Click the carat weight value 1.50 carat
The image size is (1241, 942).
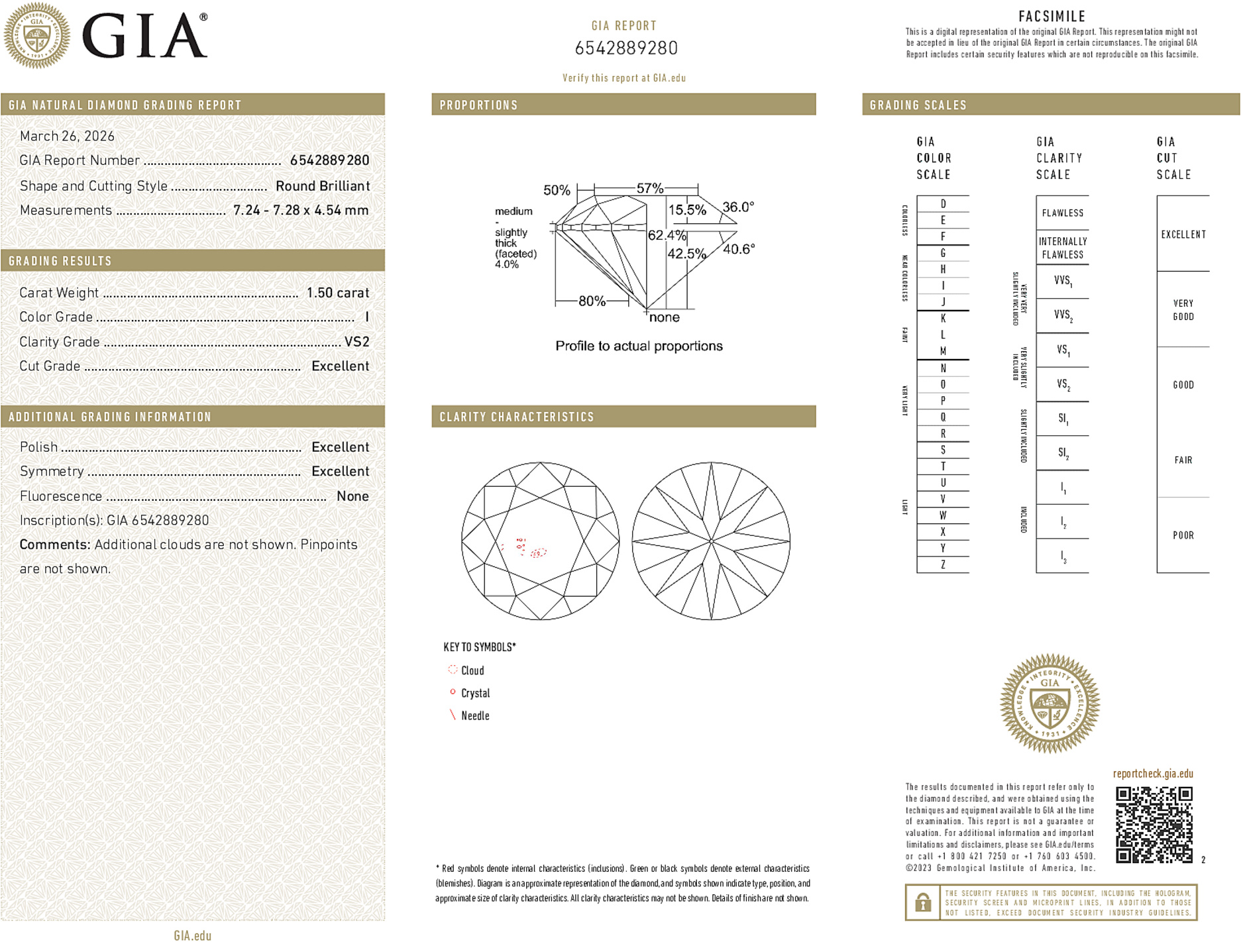(x=337, y=293)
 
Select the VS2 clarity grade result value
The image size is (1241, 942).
(x=356, y=342)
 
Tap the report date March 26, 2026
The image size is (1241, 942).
(x=67, y=136)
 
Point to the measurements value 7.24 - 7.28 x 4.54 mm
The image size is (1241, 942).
(x=301, y=210)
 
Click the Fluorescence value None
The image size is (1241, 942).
(x=352, y=496)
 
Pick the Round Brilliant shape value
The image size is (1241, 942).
(x=323, y=186)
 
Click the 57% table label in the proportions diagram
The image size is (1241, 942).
(x=649, y=188)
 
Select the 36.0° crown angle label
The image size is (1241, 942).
(x=738, y=207)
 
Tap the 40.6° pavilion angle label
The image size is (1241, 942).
(x=739, y=249)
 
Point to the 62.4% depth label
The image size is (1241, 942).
(x=667, y=235)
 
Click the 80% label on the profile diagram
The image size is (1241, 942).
(x=592, y=301)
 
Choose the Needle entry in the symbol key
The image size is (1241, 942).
(x=475, y=715)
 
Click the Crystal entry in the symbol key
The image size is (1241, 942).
(x=475, y=693)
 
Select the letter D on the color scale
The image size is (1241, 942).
(x=943, y=204)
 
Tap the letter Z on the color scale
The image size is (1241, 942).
(x=943, y=564)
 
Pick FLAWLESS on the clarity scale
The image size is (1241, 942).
(x=1062, y=213)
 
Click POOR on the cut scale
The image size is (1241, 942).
(x=1183, y=535)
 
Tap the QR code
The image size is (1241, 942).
(x=1154, y=825)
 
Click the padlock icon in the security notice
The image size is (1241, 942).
(x=923, y=902)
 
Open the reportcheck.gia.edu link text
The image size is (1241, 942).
(x=1153, y=774)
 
